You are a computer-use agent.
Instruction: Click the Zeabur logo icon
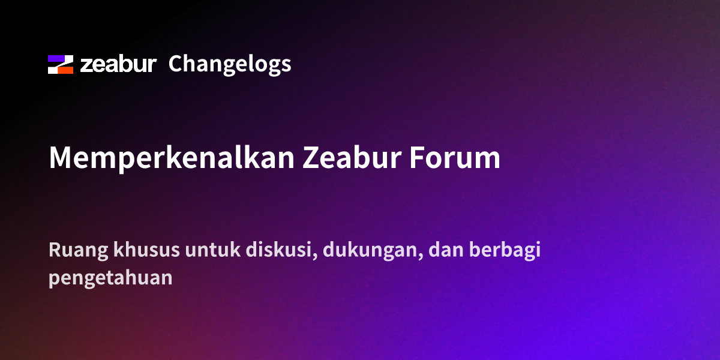(61, 64)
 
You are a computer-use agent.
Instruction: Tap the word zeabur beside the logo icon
(118, 64)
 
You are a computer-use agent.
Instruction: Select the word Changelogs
(230, 65)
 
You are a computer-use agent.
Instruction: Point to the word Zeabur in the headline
(352, 157)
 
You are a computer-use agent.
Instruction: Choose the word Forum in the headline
(455, 157)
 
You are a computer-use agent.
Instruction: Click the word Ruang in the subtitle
(79, 251)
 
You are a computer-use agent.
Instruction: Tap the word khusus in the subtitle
(146, 250)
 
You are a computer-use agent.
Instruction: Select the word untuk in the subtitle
(213, 250)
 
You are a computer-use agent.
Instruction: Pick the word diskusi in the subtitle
(281, 250)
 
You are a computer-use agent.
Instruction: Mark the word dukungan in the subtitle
(373, 251)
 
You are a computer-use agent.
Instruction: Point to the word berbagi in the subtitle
(505, 251)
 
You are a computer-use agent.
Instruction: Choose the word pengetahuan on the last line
(110, 278)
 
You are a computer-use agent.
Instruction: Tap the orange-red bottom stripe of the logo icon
(65, 70)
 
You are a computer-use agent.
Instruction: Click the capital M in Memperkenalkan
(60, 157)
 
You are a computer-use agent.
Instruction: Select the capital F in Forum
(417, 157)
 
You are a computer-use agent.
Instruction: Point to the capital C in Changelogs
(176, 64)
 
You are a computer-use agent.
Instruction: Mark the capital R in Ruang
(55, 250)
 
